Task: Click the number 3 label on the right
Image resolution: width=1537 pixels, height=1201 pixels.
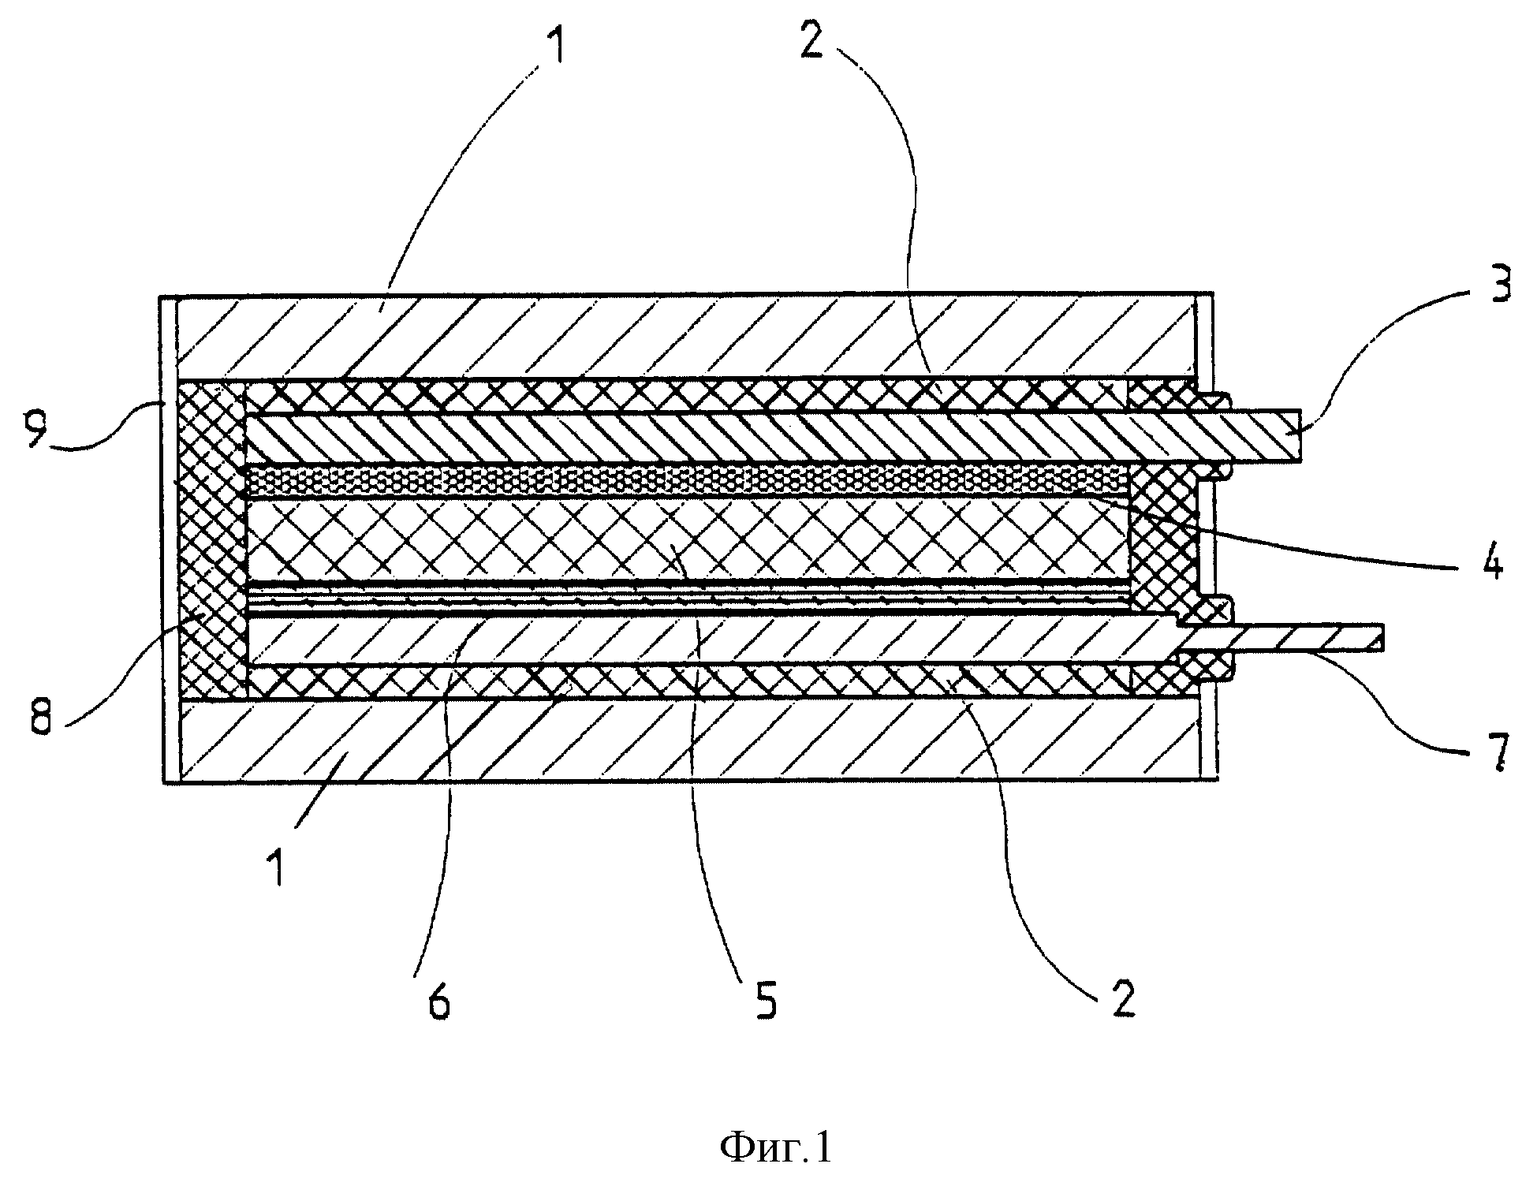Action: pyautogui.click(x=1500, y=285)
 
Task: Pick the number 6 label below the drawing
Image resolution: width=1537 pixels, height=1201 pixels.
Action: pyautogui.click(x=438, y=1002)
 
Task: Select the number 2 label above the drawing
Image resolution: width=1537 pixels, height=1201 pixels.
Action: pyautogui.click(x=810, y=35)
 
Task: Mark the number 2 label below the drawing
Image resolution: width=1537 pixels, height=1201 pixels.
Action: pyautogui.click(x=1121, y=999)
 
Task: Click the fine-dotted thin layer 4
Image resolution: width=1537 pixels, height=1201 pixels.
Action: pyautogui.click(x=686, y=479)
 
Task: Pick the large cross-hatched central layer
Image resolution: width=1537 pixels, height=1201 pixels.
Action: pyautogui.click(x=686, y=541)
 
